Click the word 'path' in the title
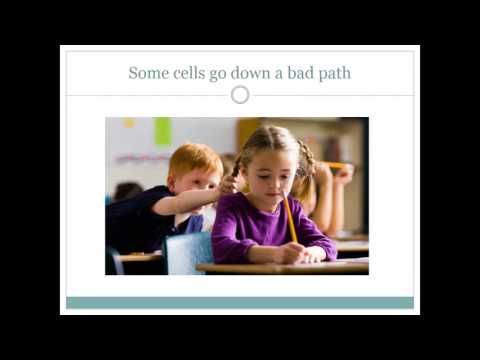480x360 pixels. click(335, 74)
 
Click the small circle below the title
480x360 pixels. click(240, 95)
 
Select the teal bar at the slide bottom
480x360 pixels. click(240, 302)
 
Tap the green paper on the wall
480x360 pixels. click(163, 131)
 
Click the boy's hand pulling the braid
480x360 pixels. click(228, 186)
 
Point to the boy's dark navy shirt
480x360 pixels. click(150, 220)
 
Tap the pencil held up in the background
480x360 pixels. click(334, 165)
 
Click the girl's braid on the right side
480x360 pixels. click(305, 170)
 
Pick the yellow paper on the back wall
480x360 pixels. click(128, 124)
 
